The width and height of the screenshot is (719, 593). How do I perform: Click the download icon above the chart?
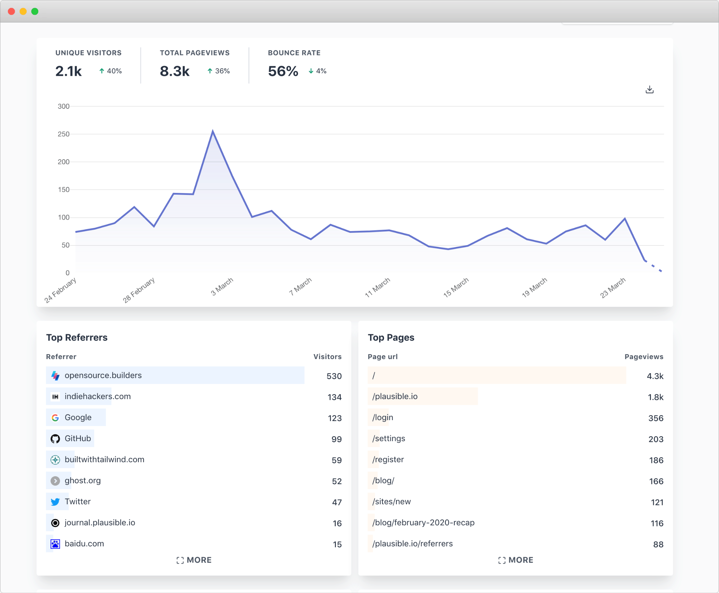[649, 90]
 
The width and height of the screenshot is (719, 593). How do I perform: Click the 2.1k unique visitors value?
[68, 71]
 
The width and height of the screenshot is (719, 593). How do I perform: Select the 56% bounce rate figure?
[283, 71]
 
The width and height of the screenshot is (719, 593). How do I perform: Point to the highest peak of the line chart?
[213, 131]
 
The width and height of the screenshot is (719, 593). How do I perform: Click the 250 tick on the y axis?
[64, 134]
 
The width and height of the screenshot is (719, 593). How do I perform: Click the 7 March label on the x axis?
[300, 287]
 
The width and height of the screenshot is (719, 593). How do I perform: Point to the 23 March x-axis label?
[613, 288]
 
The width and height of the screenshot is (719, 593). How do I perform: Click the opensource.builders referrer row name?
[103, 375]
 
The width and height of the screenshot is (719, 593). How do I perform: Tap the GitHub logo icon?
[55, 439]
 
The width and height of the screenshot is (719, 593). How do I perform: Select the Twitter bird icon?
[55, 502]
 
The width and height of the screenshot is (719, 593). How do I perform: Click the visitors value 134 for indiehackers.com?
[334, 397]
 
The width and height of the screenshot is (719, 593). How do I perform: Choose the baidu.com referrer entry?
[84, 544]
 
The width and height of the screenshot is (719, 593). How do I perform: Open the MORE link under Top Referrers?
[194, 560]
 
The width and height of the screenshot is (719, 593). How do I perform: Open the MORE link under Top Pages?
[516, 560]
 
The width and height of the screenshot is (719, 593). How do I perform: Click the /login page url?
[383, 417]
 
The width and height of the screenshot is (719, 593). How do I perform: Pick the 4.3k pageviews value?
[655, 376]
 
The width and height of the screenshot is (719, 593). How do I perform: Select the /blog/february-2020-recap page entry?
[423, 523]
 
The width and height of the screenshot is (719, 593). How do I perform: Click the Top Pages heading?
[391, 337]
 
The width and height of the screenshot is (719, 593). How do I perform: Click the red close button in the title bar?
[11, 11]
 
